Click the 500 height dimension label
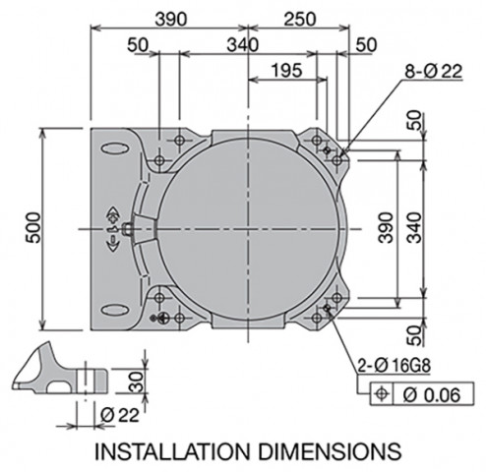(33, 228)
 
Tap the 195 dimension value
(286, 71)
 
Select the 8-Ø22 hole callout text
(434, 71)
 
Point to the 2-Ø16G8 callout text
(394, 366)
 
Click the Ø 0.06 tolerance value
(432, 395)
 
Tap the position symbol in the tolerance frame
(381, 393)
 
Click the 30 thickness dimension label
(137, 382)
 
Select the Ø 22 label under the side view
(120, 416)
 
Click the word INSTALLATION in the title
(172, 451)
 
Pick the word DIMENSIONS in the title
(330, 451)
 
